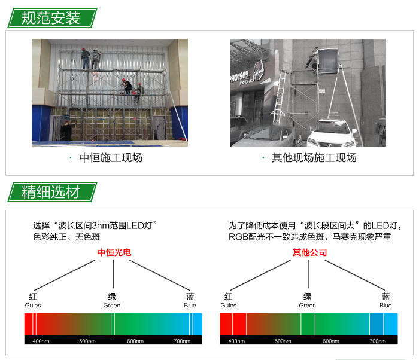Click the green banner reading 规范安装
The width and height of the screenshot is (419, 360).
tap(51, 17)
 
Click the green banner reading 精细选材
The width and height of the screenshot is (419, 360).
tap(51, 192)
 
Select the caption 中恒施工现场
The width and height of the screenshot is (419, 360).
tap(111, 158)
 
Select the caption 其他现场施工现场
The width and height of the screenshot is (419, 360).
tap(314, 158)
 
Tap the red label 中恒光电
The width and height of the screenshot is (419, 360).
tap(114, 252)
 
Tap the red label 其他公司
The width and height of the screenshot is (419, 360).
tap(309, 252)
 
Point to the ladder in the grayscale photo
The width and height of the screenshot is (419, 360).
tap(278, 99)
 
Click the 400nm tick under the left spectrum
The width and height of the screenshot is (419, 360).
tap(41, 341)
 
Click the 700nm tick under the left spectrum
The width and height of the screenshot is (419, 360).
tap(182, 341)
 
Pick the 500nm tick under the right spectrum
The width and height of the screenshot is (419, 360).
tap(283, 341)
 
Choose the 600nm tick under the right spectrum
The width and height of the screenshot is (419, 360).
tap(330, 341)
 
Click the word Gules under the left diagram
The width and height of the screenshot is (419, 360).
tap(33, 305)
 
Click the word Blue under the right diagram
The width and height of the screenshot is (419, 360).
tap(385, 305)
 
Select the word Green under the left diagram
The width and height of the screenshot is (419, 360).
tap(112, 305)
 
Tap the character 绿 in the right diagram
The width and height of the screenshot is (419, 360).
tap(308, 297)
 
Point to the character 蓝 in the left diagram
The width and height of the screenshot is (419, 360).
tap(190, 297)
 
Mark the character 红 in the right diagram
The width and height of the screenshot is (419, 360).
tap(229, 297)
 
